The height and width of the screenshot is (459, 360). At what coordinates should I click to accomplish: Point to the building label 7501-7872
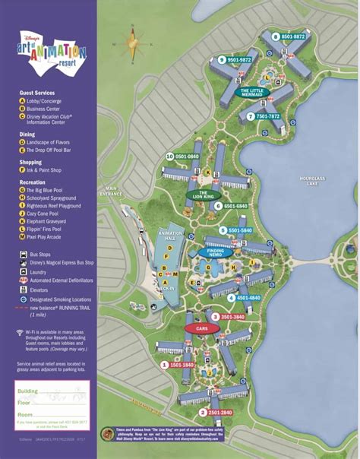pos(264,116)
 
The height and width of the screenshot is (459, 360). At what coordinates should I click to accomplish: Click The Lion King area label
pos(201,195)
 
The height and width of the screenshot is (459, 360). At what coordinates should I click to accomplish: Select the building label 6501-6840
pos(231,205)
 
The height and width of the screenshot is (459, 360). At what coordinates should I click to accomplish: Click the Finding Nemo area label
pos(215,253)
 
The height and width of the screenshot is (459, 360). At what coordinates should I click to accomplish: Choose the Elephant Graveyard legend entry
pos(52,221)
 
